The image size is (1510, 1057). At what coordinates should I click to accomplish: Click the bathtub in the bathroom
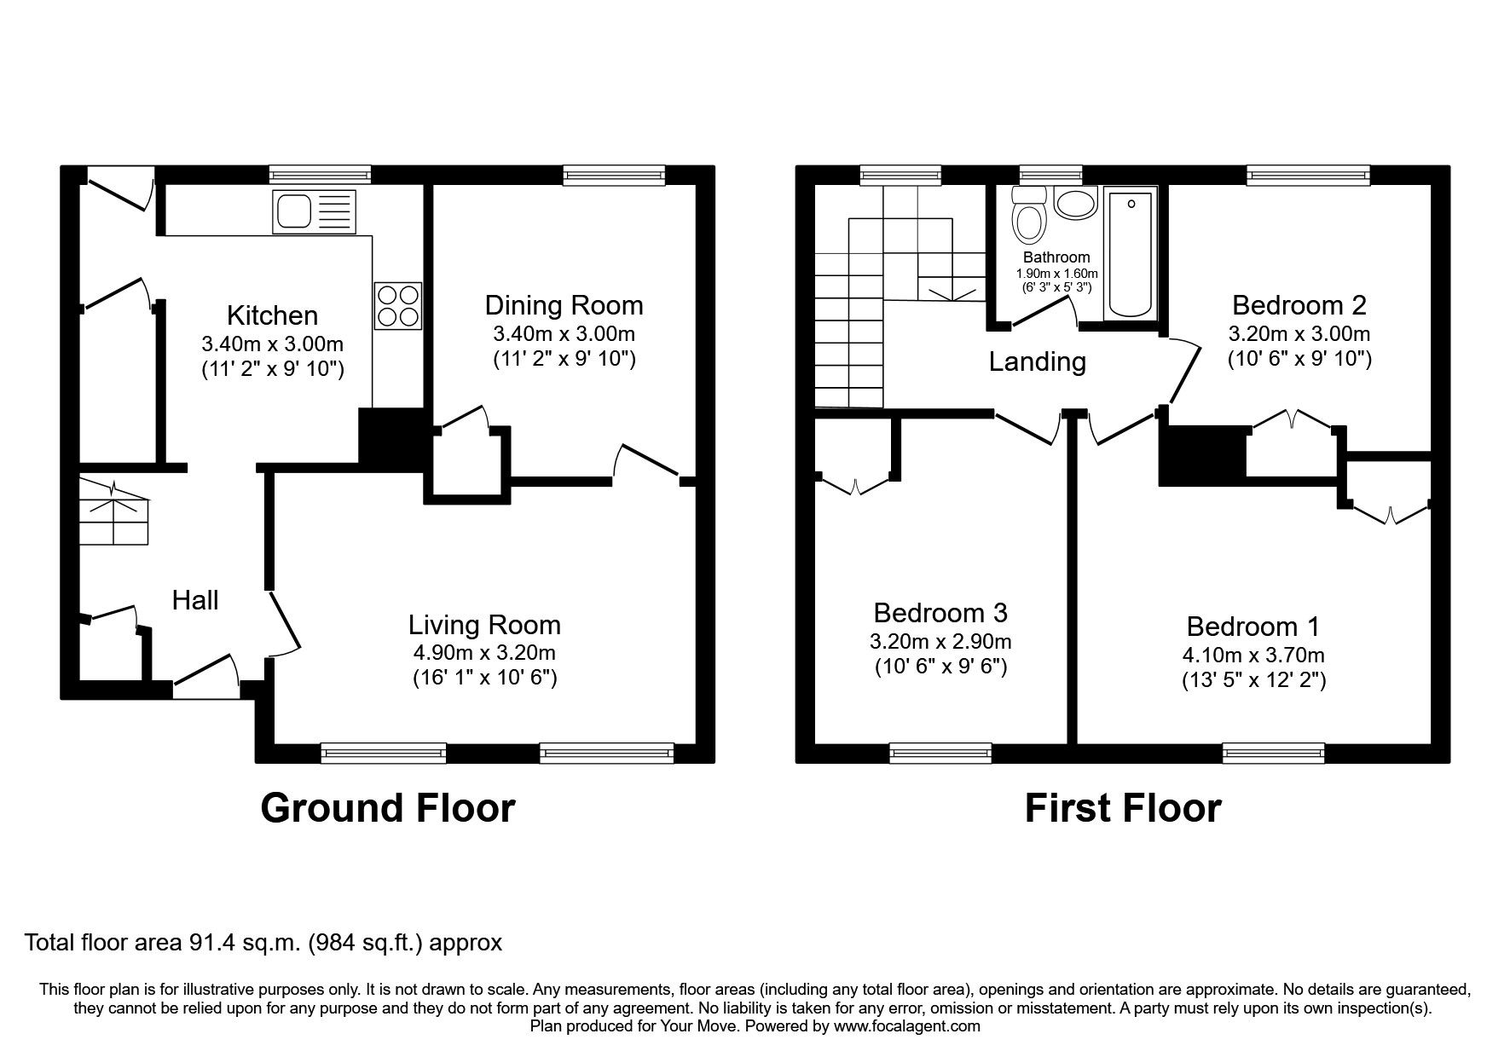click(1131, 254)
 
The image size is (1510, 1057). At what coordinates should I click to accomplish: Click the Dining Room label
click(564, 305)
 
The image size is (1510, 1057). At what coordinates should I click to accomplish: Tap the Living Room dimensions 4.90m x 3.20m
click(483, 653)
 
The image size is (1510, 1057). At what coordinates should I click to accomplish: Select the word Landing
click(1037, 362)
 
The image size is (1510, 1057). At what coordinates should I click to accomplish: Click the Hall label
click(195, 600)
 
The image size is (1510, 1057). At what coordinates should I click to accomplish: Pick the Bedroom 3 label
click(940, 613)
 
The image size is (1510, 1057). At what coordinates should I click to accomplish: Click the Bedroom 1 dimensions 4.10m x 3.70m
click(1253, 655)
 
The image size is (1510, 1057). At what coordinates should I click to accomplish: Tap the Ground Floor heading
click(387, 807)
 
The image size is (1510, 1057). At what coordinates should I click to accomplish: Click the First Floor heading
click(1122, 807)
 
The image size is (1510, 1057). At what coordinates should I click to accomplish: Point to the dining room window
click(614, 176)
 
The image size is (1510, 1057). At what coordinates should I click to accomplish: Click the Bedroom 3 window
click(940, 752)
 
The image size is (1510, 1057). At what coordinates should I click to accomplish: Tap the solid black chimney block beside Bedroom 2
click(1202, 455)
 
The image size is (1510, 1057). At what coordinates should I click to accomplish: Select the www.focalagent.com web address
click(906, 1026)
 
